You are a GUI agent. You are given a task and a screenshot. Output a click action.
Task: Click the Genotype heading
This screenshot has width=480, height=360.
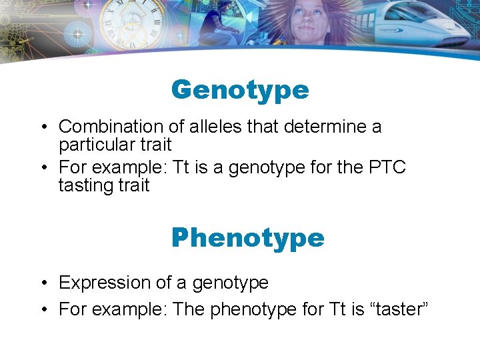240,90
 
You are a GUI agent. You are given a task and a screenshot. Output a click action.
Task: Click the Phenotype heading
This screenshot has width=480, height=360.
247,237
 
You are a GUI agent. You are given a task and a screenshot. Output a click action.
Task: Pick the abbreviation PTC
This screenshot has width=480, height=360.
386,167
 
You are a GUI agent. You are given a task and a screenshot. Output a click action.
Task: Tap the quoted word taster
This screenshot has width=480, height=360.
396,309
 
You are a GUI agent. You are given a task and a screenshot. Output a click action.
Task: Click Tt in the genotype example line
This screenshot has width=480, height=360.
182,167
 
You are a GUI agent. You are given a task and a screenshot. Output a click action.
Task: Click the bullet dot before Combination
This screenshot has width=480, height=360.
42,127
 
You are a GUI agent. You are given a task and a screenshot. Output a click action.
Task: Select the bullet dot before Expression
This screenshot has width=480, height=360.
42,283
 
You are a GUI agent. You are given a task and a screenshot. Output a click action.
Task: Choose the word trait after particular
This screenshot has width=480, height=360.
154,145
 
